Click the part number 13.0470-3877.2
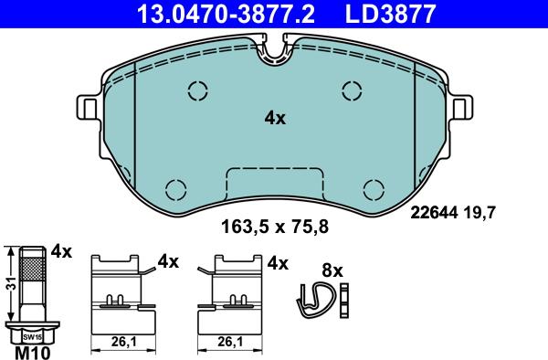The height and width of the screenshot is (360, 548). [x=226, y=14]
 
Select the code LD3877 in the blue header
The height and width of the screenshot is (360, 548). [x=390, y=14]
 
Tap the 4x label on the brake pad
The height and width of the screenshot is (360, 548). [x=275, y=119]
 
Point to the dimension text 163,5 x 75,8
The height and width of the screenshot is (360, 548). [x=275, y=227]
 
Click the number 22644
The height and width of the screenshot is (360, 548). [x=434, y=213]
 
